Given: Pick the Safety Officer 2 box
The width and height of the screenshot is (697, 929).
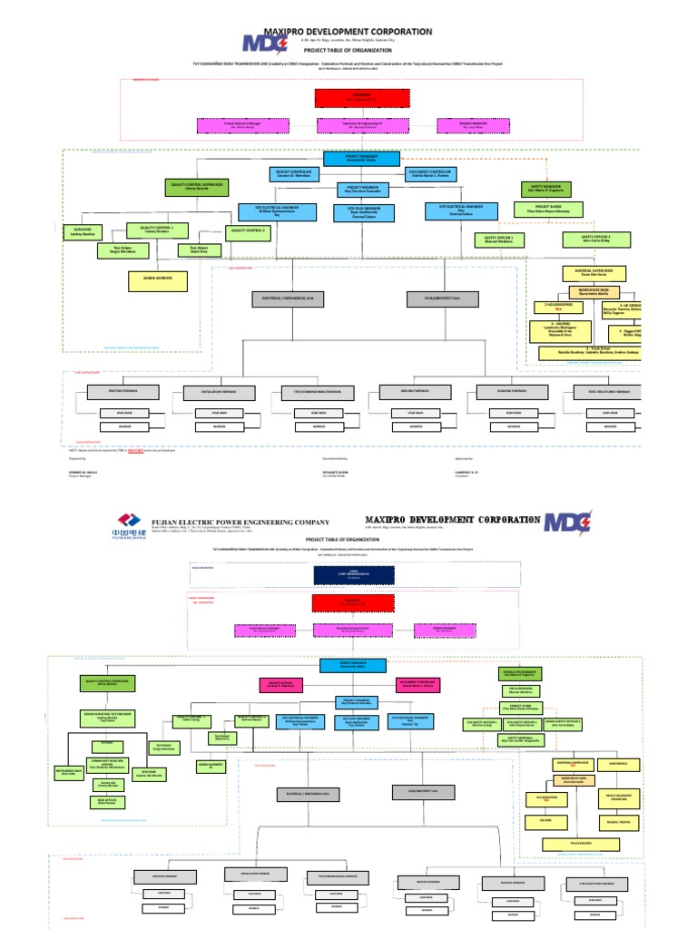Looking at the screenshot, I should (583, 240).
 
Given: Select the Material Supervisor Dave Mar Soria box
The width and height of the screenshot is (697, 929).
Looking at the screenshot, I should (590, 272).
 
